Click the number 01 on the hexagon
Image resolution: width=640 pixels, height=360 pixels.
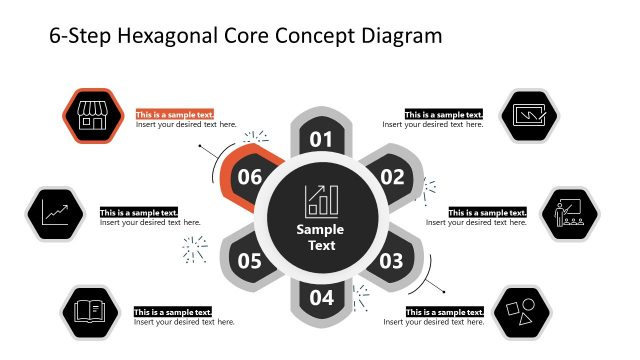click(x=321, y=139)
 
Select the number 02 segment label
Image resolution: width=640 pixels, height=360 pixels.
click(x=392, y=178)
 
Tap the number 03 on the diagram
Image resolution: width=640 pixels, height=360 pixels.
click(x=391, y=261)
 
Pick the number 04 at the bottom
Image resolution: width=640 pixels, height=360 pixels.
click(x=321, y=297)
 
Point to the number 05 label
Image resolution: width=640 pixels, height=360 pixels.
click(x=250, y=261)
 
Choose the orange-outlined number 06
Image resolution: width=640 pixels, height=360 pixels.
click(x=250, y=178)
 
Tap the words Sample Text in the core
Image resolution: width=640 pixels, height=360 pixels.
click(x=321, y=237)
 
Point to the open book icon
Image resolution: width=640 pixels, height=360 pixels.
click(x=90, y=312)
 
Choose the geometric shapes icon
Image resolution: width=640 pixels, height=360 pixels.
click(x=527, y=312)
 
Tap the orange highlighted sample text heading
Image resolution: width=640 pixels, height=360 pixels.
click(x=175, y=115)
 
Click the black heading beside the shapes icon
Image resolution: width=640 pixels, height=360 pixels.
click(x=445, y=312)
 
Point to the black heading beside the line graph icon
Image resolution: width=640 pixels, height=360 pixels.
click(x=139, y=213)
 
